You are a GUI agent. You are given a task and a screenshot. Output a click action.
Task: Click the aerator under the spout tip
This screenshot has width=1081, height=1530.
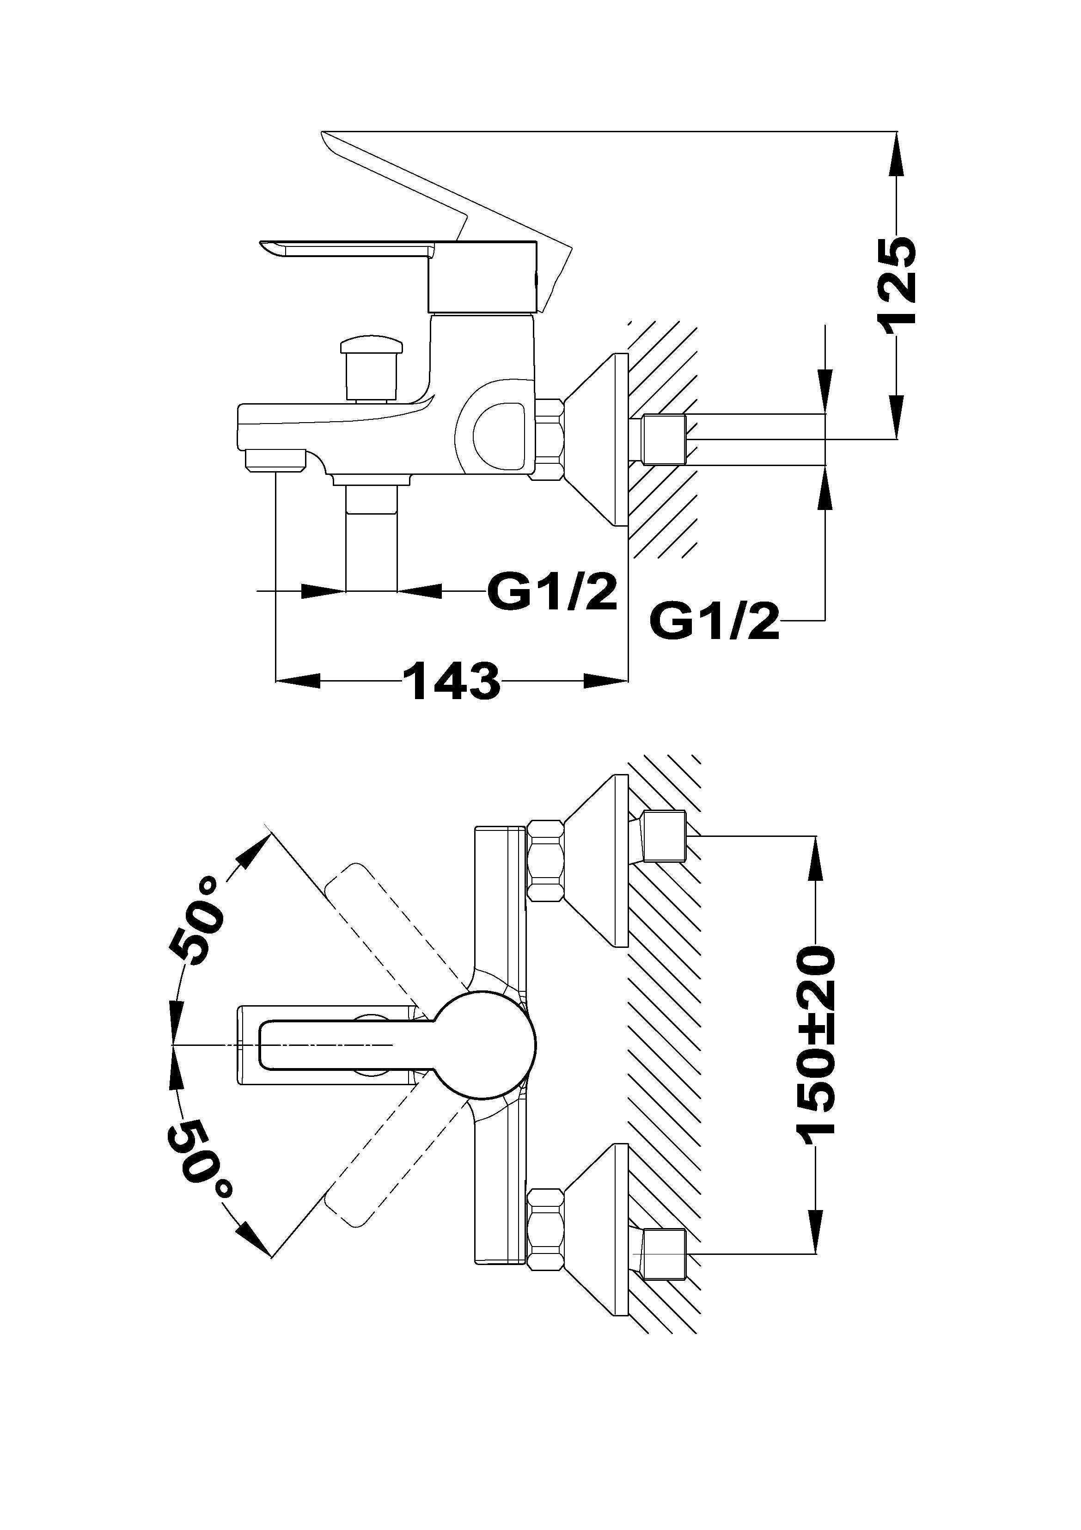[275, 460]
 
